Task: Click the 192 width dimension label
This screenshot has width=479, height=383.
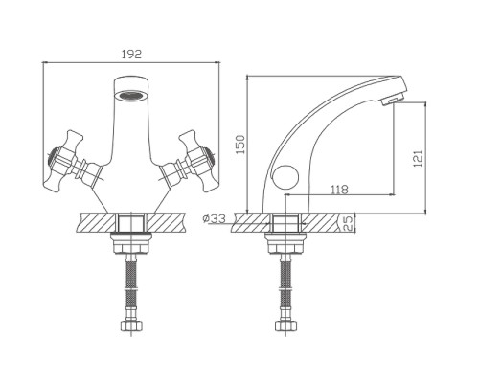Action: point(131,54)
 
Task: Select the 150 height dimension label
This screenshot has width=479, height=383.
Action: point(240,145)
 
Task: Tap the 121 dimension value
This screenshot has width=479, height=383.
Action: point(418,158)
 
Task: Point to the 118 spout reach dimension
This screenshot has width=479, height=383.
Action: point(339,190)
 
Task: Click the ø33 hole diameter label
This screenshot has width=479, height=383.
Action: point(214,218)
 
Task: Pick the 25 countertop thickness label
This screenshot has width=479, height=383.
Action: point(350,223)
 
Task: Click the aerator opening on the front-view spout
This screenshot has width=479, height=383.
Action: point(131,95)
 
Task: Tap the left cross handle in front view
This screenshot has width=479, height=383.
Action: point(69,162)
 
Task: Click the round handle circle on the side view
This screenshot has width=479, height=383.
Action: point(285,177)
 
